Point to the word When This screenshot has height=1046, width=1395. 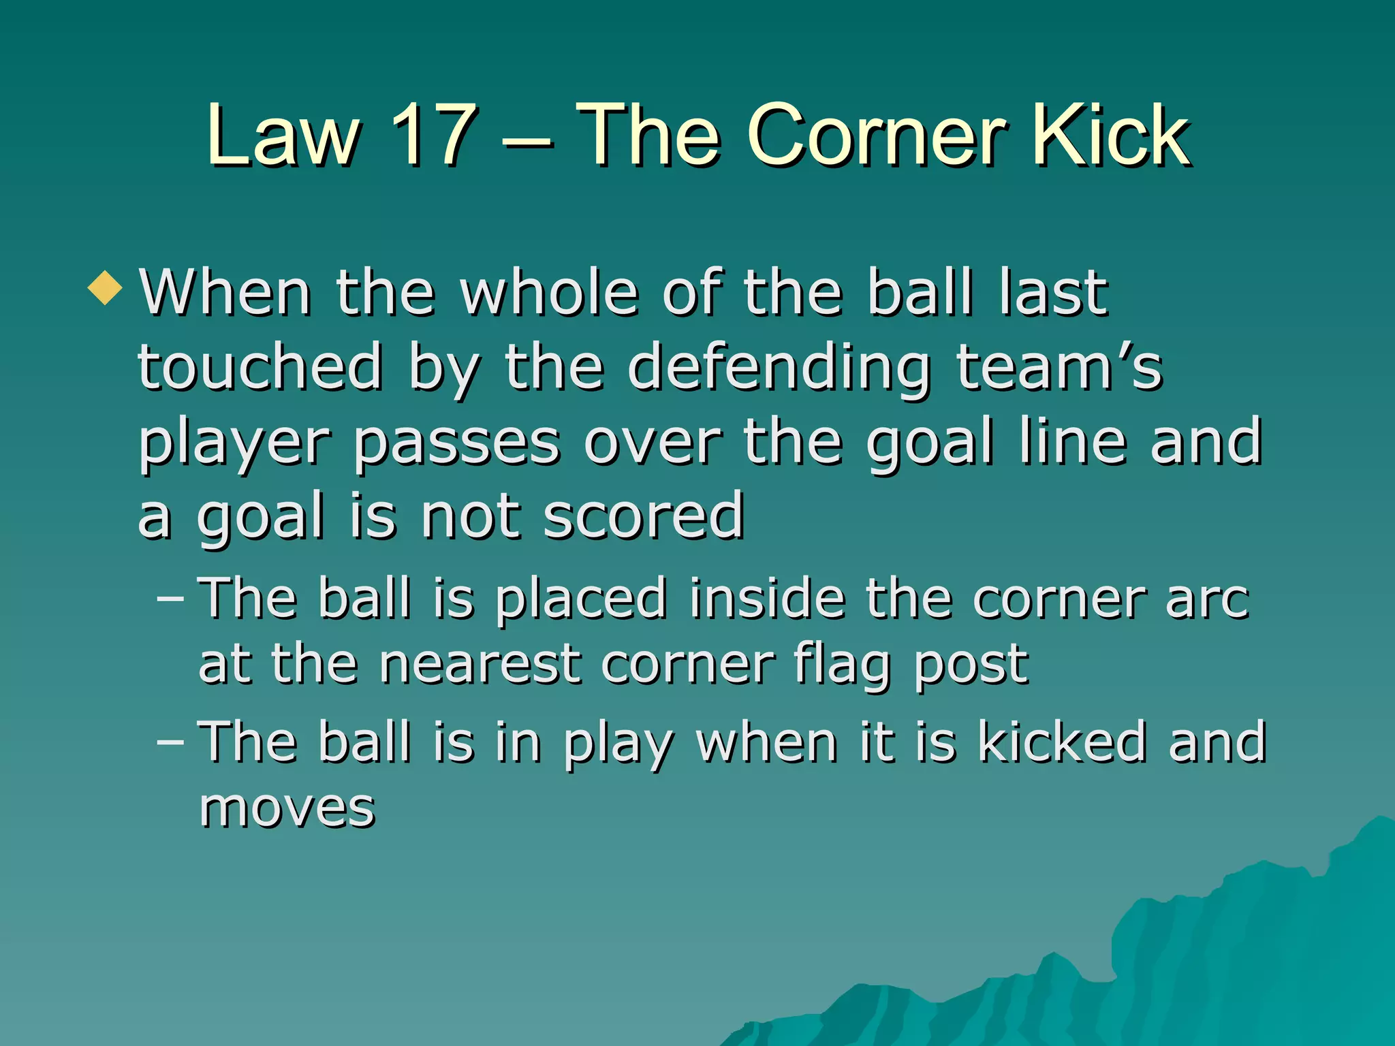click(x=225, y=292)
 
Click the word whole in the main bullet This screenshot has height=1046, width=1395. click(x=549, y=292)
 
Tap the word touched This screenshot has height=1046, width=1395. click(x=260, y=367)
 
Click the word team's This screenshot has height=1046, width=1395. click(x=1059, y=367)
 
